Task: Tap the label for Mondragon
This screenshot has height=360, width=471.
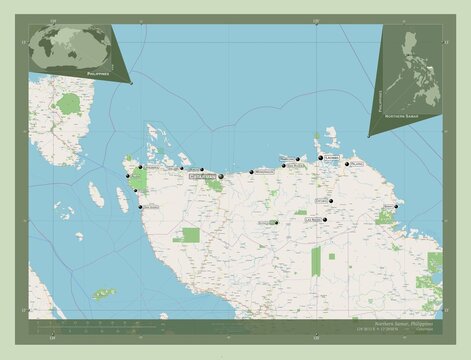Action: tap(263, 172)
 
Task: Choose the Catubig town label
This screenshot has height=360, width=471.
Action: tap(320, 200)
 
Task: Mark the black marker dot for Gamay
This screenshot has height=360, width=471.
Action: tap(397, 207)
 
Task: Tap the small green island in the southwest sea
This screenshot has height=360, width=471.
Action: tap(104, 293)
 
